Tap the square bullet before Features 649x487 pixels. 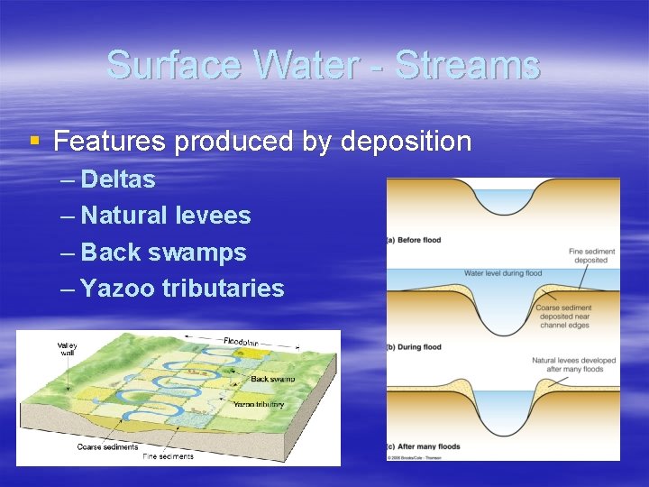[34, 141]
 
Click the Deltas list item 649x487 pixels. [117, 179]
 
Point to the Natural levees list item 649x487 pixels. [165, 216]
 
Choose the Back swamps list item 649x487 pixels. [163, 253]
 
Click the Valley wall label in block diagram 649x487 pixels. [68, 350]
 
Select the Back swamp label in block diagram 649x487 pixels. [272, 379]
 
